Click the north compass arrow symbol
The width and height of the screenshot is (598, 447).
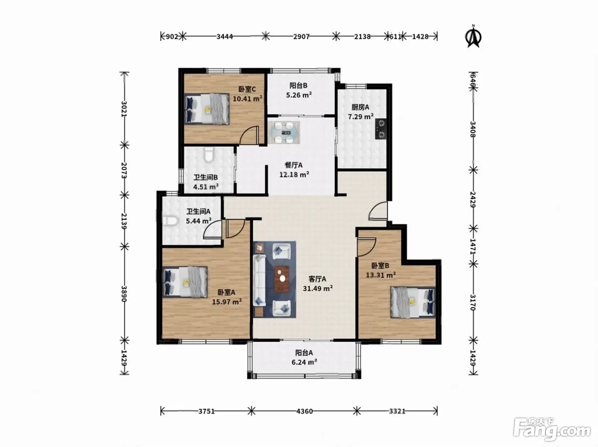coord(473,36)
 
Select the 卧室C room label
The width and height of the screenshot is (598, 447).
coord(247,89)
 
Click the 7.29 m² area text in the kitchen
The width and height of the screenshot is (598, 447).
coord(361,117)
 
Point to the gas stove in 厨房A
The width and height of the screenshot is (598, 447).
coord(381,129)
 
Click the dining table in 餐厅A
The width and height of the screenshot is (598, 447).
coord(284,133)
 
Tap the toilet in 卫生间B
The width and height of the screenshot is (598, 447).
coord(209,155)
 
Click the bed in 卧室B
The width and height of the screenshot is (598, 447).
coord(413,302)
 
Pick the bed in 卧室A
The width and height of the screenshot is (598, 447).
coord(185,282)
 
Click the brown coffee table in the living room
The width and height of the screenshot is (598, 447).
coord(281,279)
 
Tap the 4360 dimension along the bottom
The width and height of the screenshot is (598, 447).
coord(304,411)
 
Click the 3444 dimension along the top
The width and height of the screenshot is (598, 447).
coord(225,36)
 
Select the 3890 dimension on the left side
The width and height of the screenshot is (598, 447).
coord(124,294)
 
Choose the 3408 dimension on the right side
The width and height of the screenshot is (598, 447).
coord(473,129)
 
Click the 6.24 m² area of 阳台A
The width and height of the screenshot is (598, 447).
coord(304,362)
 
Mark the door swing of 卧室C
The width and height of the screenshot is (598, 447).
coord(249,135)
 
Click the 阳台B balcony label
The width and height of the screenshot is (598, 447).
coord(298,85)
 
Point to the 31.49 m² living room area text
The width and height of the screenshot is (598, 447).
coord(318,288)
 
